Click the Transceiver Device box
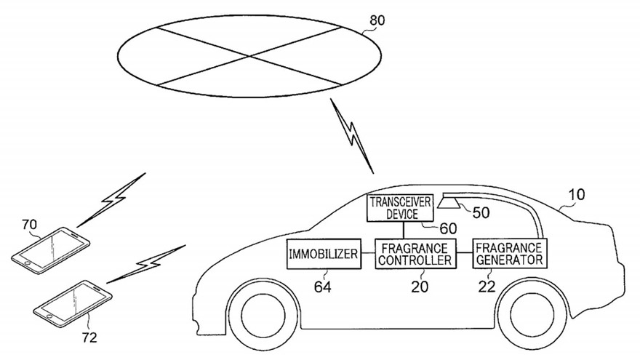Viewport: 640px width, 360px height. coord(400,208)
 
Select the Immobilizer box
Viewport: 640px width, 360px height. coord(324,254)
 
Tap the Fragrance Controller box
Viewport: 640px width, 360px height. coord(415,254)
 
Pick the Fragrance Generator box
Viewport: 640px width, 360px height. coord(509,254)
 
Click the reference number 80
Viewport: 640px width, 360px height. coord(377,20)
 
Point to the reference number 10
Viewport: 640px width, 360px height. coord(576,194)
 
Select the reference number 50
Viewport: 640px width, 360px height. coord(481,212)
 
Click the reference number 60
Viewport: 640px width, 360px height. coord(448,228)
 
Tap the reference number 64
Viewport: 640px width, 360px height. coord(322,287)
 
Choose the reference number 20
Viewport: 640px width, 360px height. coord(420,287)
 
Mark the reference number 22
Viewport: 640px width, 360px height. coord(487,287)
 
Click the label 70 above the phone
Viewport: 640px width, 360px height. coord(29,224)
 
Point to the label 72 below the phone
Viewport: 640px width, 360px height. coord(89,337)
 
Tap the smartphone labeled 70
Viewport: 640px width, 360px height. coord(51,249)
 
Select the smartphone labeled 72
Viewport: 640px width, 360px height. coord(73,304)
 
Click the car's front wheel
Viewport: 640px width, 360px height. coord(263,314)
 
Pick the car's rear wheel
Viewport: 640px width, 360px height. coord(532,314)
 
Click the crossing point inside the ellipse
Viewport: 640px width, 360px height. coord(249,56)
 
